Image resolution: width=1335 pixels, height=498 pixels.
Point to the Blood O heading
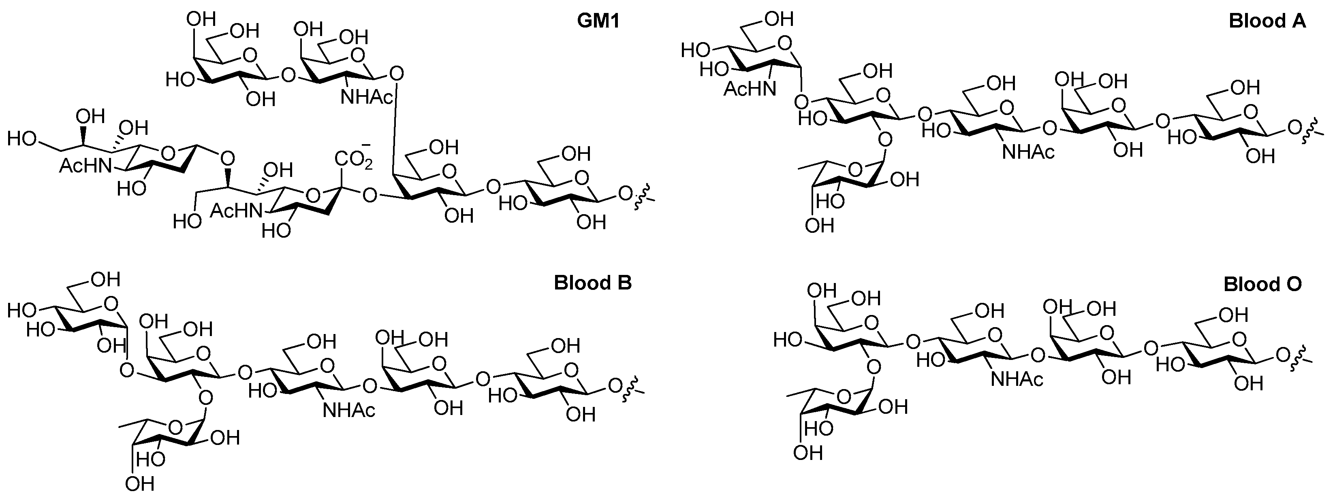point(1262,284)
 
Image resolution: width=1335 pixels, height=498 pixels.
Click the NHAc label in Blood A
point(1028,152)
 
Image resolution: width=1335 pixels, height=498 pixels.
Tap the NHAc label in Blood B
point(349,411)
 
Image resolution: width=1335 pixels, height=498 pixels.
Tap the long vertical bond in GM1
point(395,134)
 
